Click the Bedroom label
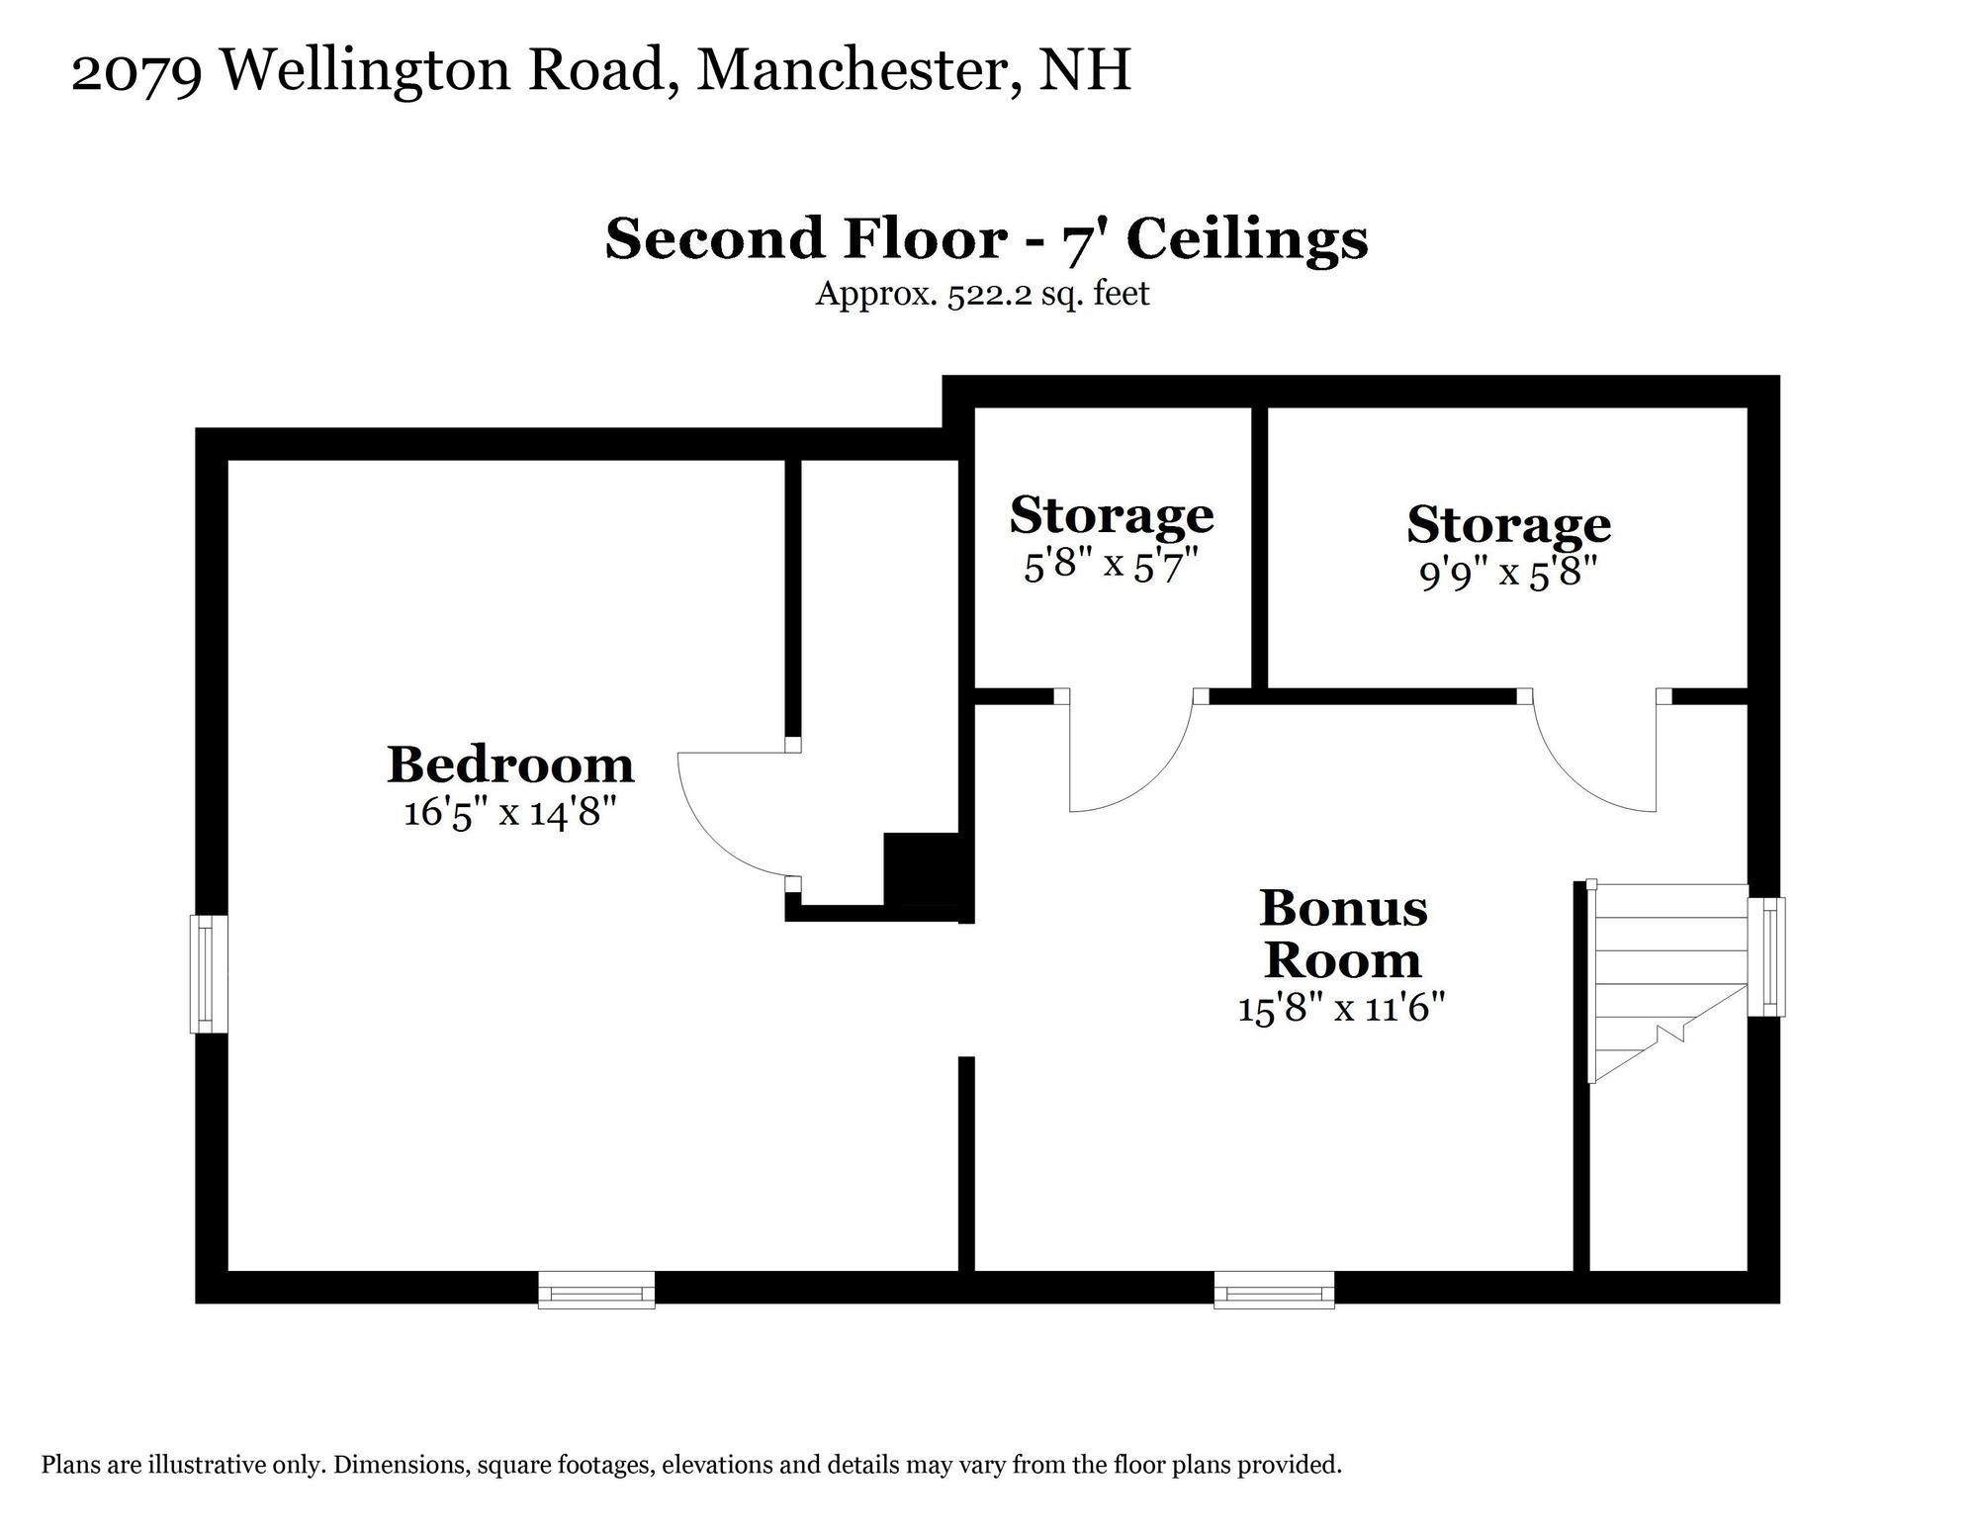509,764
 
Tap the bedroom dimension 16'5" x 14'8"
509,813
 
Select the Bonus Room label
1343,934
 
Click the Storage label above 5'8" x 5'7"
1111,515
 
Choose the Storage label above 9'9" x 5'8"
1508,525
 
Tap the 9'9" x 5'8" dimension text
1508,574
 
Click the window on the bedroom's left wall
209,974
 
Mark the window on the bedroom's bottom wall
596,1291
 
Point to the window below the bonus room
1274,1291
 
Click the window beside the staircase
1766,956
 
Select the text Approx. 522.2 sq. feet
981,295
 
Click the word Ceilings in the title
1247,239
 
